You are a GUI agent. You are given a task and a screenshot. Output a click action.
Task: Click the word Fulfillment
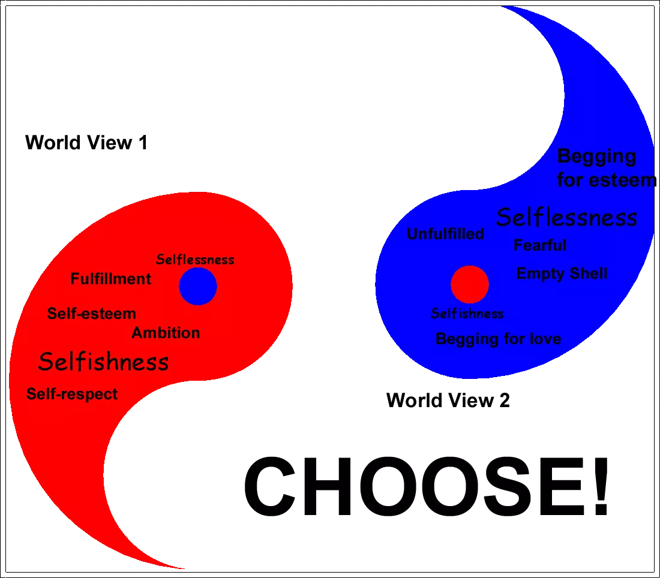pyautogui.click(x=111, y=279)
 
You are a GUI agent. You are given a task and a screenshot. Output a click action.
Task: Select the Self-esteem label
pyautogui.click(x=92, y=314)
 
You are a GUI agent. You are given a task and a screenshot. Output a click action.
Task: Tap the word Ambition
pyautogui.click(x=166, y=333)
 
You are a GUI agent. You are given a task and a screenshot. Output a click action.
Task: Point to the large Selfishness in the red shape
pyautogui.click(x=103, y=362)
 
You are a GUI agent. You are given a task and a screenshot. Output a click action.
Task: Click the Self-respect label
pyautogui.click(x=72, y=394)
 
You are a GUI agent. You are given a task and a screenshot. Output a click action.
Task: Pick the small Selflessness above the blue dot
pyautogui.click(x=195, y=260)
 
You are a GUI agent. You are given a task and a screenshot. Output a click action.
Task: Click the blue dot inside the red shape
pyautogui.click(x=198, y=287)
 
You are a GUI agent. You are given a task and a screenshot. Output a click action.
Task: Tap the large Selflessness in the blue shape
pyautogui.click(x=566, y=217)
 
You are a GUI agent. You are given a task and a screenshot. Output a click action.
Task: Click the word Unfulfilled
pyautogui.click(x=445, y=234)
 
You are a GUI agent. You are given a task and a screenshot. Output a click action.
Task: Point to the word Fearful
pyautogui.click(x=540, y=245)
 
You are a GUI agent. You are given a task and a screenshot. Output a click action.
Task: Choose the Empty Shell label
pyautogui.click(x=562, y=273)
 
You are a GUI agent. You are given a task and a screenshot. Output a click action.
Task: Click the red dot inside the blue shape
pyautogui.click(x=470, y=285)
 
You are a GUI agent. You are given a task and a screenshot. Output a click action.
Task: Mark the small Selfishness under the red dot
pyautogui.click(x=467, y=314)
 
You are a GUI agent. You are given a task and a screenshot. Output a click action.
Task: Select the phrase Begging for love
pyautogui.click(x=498, y=339)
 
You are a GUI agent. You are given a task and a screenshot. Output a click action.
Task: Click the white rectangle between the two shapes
pyautogui.click(x=334, y=285)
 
